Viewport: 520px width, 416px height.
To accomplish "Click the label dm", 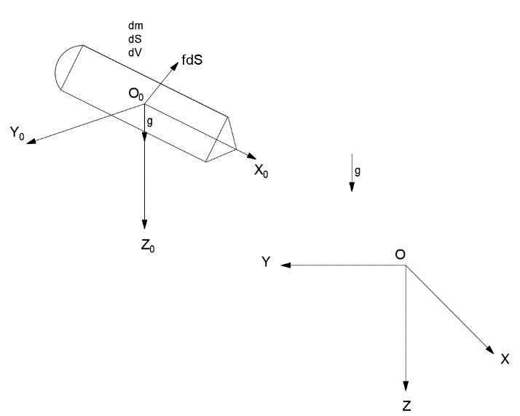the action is pos(135,26).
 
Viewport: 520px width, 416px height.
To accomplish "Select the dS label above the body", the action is pos(135,39).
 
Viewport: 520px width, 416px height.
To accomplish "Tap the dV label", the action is pos(135,52).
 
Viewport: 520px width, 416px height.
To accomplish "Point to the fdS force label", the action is pos(192,60).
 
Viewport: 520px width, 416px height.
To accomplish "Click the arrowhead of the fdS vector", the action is pos(176,66).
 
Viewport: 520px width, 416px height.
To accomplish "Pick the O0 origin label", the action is pos(136,95).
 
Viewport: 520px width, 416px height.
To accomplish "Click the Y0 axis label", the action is pos(17,133).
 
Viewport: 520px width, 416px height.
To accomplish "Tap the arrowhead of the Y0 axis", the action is pos(31,141).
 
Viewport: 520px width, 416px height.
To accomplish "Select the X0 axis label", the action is pos(261,171).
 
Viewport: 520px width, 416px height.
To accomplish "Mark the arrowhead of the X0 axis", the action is pos(252,156).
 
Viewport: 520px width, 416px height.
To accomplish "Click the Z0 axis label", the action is pos(148,245).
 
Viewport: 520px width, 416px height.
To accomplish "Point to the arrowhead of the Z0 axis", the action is pos(144,224).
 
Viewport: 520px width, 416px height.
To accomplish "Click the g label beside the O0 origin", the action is pos(150,121).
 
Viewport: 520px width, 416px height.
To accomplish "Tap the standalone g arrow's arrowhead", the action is pos(352,186).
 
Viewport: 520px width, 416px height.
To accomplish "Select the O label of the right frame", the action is pos(401,255).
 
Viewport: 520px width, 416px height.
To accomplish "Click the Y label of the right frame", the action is pos(266,262).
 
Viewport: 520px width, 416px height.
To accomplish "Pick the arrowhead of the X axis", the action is pos(490,350).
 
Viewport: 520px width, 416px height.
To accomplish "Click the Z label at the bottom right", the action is pos(406,406).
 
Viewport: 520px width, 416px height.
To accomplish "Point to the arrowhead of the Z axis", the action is pos(406,386).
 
